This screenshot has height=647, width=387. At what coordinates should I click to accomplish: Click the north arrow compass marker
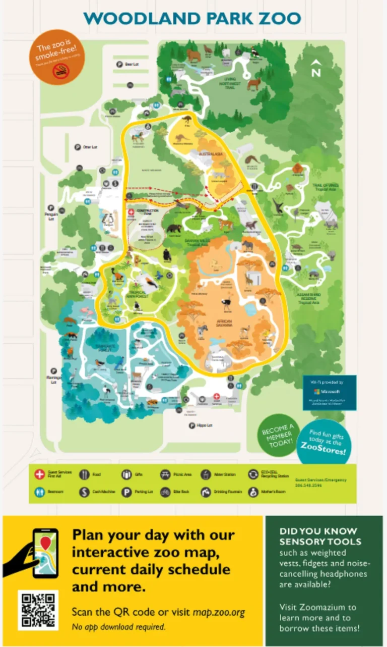[316, 68]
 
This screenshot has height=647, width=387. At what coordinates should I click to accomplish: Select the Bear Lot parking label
[131, 64]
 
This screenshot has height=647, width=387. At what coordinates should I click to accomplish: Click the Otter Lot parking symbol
[78, 147]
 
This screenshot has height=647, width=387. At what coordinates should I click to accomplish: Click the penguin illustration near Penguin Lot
[110, 219]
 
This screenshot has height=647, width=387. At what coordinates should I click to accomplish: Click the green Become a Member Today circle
[277, 434]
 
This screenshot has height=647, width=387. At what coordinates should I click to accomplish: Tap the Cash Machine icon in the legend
[85, 492]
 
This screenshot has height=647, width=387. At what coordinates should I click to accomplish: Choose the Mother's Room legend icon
[252, 492]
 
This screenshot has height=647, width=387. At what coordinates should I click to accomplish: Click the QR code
[38, 610]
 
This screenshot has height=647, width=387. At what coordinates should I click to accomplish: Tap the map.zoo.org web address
[219, 613]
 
